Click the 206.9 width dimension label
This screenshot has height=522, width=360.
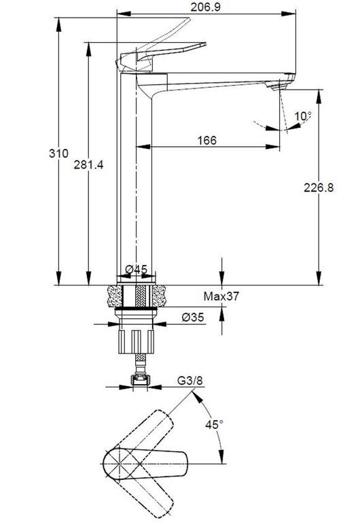(205, 6)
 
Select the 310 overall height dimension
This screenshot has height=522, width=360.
(58, 154)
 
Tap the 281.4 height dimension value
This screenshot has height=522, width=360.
(88, 164)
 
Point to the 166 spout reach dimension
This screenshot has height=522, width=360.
(207, 140)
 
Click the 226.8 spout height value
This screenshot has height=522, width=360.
(319, 188)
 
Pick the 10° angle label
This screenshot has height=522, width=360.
(303, 116)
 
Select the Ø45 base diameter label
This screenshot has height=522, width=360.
(136, 269)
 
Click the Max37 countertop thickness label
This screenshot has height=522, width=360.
(221, 296)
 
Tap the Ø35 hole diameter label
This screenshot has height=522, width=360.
(193, 317)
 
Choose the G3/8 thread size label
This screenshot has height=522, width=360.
(190, 380)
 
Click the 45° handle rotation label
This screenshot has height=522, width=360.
(214, 424)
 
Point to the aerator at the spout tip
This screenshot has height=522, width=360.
(278, 87)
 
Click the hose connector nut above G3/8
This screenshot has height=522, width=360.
(139, 380)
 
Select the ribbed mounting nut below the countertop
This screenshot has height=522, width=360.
(137, 341)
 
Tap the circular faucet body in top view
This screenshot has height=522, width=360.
(119, 463)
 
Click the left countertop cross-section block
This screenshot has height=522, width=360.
(115, 296)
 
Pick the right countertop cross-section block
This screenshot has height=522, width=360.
(159, 296)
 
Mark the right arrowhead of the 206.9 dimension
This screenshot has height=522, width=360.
(288, 14)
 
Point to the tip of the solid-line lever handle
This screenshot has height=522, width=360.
(205, 43)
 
